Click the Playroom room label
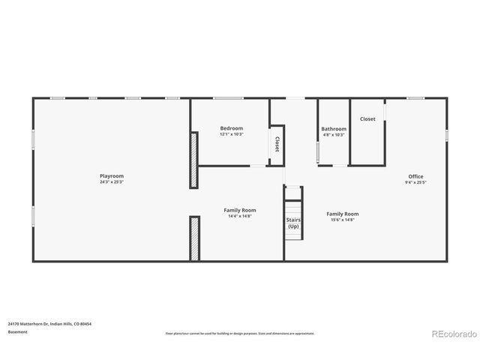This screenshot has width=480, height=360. [x=112, y=175]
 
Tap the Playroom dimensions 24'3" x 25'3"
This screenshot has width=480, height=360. [x=112, y=181]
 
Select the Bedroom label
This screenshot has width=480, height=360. [x=231, y=128]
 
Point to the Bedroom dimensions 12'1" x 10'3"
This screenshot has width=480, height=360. [x=231, y=134]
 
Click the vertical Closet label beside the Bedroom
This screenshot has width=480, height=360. [x=277, y=143]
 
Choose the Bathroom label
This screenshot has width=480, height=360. [x=334, y=129]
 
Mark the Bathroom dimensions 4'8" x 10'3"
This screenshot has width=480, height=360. [x=334, y=135]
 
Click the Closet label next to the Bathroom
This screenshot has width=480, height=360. [x=367, y=118]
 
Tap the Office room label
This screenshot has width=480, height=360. [x=415, y=176]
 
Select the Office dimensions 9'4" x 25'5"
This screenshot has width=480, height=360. [x=415, y=182]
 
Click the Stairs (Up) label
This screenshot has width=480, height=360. [x=293, y=223]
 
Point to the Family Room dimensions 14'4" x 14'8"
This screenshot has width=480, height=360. [x=240, y=217]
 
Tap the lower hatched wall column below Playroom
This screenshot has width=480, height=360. [x=194, y=238]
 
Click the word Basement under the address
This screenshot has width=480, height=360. [x=18, y=331]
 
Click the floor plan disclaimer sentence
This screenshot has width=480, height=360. [x=240, y=333]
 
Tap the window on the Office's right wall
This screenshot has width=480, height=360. [x=447, y=134]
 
